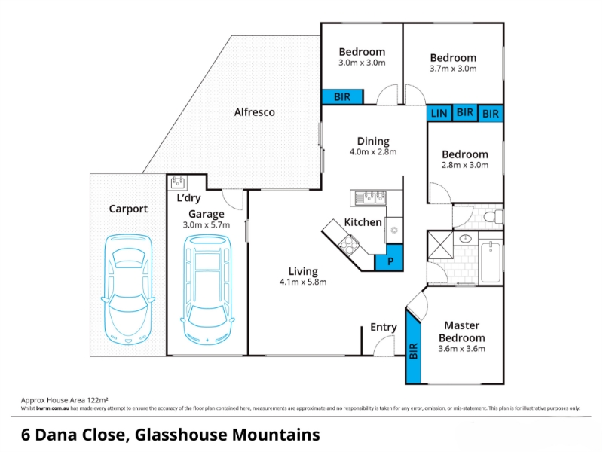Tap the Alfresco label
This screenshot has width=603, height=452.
[x=254, y=112]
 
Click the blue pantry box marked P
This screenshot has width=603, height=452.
[x=390, y=261]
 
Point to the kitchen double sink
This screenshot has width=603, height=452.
[x=369, y=198]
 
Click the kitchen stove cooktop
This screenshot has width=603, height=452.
[x=350, y=243]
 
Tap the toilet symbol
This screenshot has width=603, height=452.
[x=491, y=217]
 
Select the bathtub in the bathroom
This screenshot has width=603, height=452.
[x=491, y=261]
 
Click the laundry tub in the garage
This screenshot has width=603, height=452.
[x=178, y=182]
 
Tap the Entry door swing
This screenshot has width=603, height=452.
[x=385, y=345]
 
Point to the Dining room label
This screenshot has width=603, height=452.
[x=373, y=141]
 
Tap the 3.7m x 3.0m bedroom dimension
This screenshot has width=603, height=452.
[x=453, y=69]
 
